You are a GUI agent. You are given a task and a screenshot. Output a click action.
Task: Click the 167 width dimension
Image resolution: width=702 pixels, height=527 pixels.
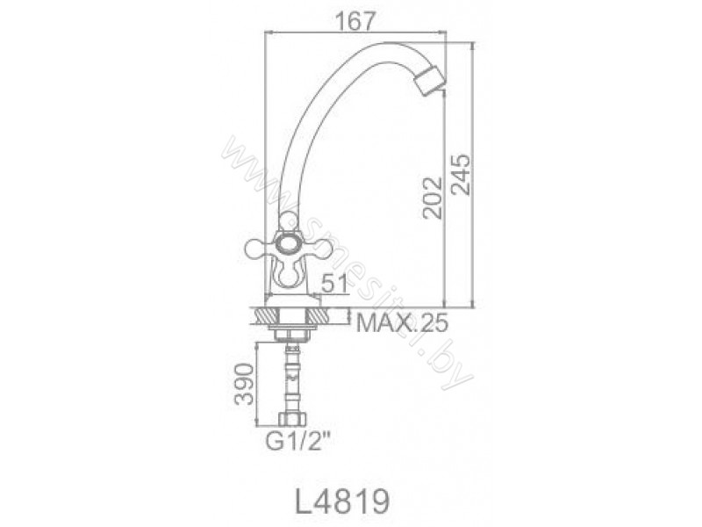[x=355, y=21]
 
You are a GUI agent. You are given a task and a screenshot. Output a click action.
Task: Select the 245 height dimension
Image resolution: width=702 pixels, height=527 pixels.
[x=462, y=174]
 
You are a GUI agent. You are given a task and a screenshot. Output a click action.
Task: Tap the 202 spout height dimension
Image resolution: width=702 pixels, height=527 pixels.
[x=433, y=198]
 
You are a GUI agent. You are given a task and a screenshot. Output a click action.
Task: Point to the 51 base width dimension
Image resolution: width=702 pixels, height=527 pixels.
[x=334, y=283]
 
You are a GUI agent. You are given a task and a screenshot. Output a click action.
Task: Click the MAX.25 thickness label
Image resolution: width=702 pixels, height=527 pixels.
[x=402, y=322]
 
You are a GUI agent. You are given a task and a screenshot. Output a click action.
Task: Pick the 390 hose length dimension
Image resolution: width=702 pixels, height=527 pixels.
[x=245, y=384]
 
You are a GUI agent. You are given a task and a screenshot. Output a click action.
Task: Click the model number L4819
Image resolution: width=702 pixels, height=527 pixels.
[x=341, y=501]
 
